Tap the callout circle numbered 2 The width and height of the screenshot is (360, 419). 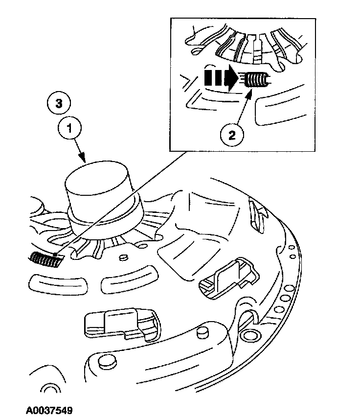tap(231, 134)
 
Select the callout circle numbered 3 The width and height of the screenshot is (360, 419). tap(59, 103)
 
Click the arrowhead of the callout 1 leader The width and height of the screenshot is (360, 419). tap(85, 161)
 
